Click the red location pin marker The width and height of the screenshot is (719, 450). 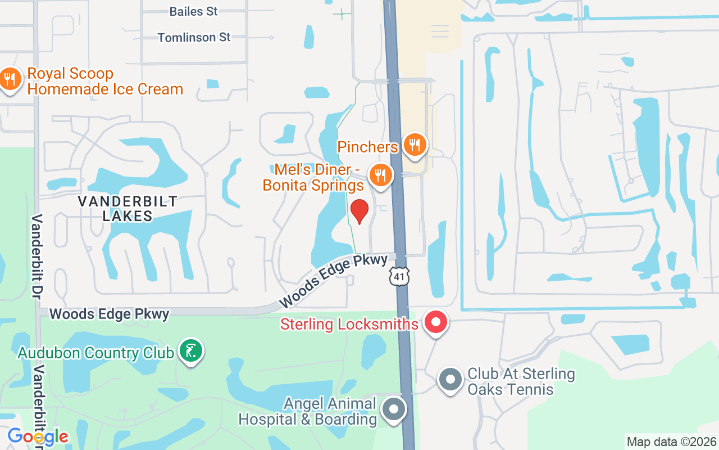[359, 211]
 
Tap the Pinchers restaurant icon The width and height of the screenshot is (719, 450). [415, 145]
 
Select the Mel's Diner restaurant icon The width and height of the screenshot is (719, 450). [380, 175]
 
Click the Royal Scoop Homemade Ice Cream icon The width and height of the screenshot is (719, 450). [10, 79]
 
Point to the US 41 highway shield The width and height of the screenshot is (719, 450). [399, 276]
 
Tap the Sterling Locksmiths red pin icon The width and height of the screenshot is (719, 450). [435, 322]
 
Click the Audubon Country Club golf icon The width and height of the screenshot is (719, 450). [191, 351]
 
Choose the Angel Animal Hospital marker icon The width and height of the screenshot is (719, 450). [394, 409]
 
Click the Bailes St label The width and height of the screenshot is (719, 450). [193, 11]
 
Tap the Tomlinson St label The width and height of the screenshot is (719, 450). [194, 38]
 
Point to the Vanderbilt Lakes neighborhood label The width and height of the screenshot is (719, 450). [128, 209]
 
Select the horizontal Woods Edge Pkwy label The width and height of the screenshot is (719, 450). [110, 314]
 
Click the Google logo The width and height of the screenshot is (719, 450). [38, 436]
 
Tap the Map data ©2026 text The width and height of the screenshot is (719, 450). [672, 442]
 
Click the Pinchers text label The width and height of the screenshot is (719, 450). [367, 147]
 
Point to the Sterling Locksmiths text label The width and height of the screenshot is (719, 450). [349, 324]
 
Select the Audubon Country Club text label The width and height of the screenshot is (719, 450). [95, 353]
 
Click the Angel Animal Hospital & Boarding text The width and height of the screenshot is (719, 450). [308, 411]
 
